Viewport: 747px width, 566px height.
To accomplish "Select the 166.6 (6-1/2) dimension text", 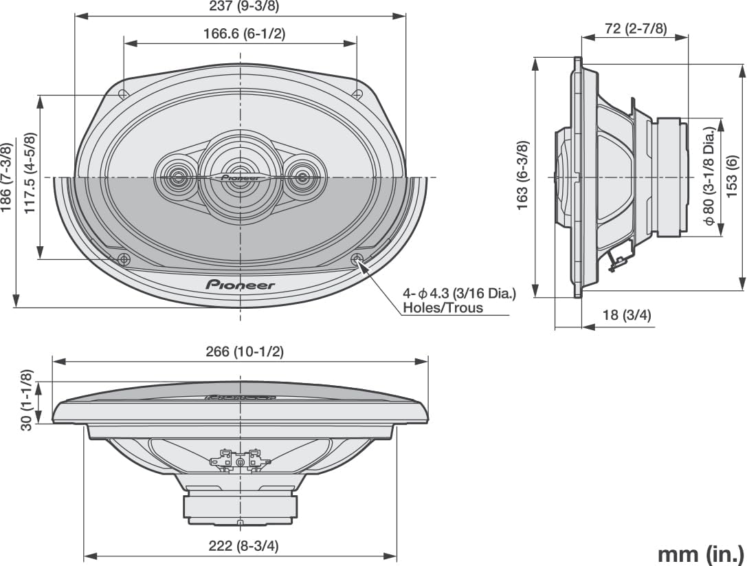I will coord(244,33).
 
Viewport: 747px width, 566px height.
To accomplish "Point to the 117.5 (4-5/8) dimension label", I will coord(30,173).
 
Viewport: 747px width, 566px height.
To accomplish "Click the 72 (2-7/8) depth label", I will coord(636,28).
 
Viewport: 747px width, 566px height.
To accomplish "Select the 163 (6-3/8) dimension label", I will coord(522,175).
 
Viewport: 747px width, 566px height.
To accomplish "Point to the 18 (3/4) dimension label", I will coord(626,315).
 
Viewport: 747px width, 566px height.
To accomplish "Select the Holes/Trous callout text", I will coord(443,308).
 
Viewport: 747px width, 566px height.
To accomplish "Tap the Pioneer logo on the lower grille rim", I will coord(240,285).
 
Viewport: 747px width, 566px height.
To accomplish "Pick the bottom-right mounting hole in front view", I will coord(357,259).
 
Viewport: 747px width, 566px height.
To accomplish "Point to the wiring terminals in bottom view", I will coord(239,458).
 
